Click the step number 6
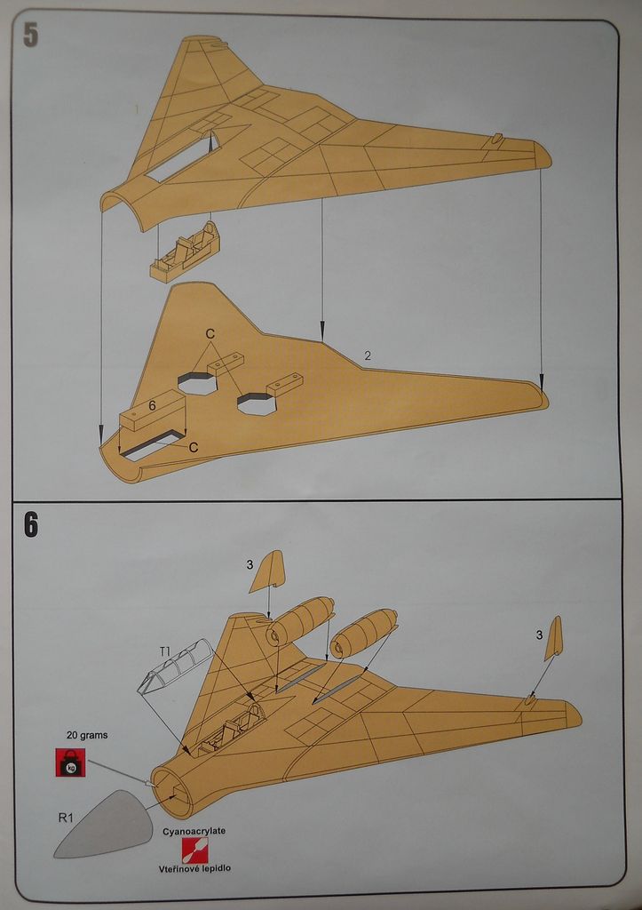coord(31,524)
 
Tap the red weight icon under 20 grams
coord(70,762)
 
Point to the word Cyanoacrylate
coord(194,831)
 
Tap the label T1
coord(165,651)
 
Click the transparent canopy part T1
coord(176,667)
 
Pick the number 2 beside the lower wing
coord(368,355)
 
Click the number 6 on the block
coord(153,405)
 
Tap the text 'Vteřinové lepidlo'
coord(194,868)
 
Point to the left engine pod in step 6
coord(301,619)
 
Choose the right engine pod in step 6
coord(363,632)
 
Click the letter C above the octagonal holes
coord(210,334)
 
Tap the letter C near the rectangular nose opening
coord(193,448)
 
